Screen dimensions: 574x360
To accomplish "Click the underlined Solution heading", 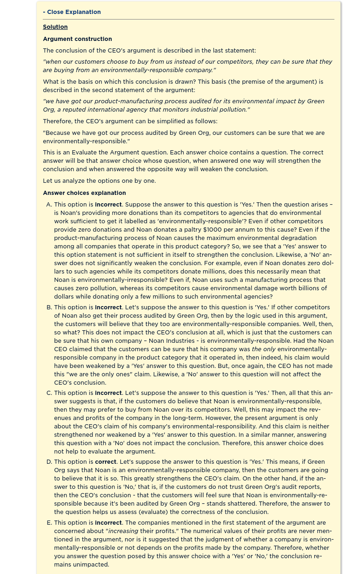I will (x=55, y=27).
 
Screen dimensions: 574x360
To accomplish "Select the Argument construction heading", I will (x=77, y=39).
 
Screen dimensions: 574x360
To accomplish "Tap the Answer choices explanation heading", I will (x=84, y=193).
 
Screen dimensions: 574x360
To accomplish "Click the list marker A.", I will (x=49, y=204).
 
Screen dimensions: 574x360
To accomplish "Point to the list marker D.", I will (x=49, y=462).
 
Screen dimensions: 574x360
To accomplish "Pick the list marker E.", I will (x=49, y=523).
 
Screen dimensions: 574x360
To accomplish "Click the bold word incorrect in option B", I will (x=108, y=307).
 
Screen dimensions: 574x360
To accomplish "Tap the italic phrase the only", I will (x=263, y=349).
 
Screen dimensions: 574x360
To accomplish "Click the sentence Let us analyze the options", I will (x=100, y=181).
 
